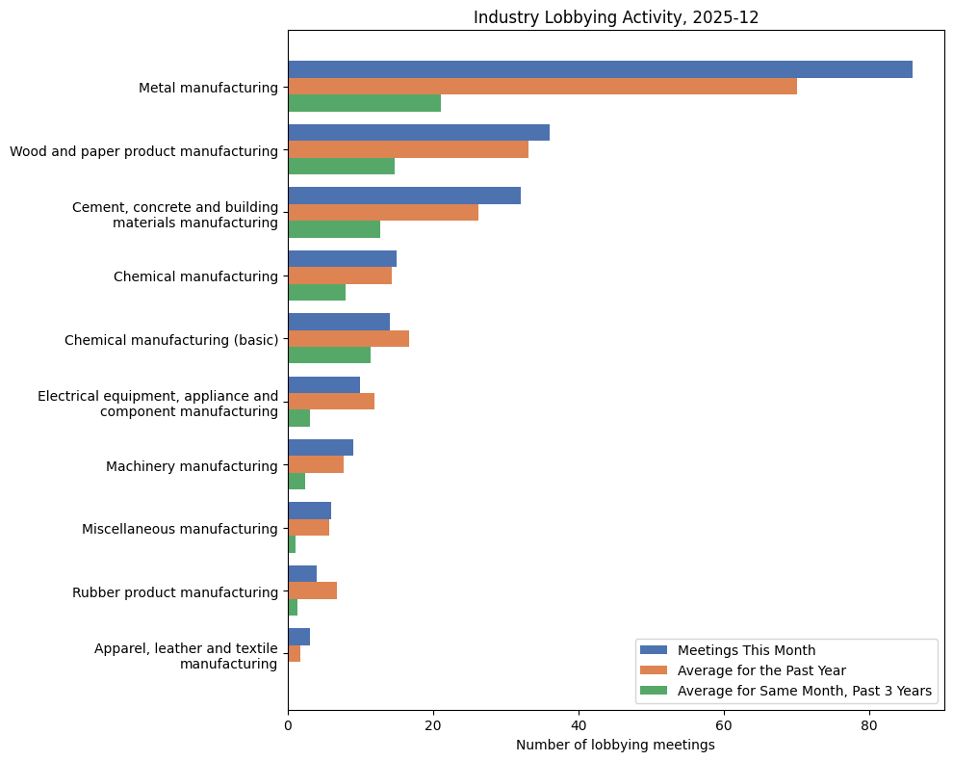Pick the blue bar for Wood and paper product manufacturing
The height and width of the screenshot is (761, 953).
(419, 132)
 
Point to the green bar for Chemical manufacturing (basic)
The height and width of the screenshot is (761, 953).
(329, 354)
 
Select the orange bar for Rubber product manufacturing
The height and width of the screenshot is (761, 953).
(312, 590)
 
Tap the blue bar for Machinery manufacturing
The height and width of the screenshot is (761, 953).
(321, 447)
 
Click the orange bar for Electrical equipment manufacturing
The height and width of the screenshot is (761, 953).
(331, 401)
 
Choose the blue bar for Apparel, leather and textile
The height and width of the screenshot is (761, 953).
(298, 637)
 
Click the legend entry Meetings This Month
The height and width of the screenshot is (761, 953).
(746, 649)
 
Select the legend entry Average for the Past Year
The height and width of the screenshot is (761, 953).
(760, 669)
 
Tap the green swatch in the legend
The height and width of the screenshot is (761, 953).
(653, 691)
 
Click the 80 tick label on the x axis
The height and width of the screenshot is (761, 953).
(869, 726)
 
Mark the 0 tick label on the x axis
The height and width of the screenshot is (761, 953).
(288, 726)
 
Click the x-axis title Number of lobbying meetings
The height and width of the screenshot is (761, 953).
(615, 745)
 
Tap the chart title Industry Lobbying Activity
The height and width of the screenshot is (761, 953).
(615, 17)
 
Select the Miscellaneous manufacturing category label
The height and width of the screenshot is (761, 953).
(179, 529)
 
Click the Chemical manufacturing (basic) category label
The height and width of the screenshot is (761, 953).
(171, 340)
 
